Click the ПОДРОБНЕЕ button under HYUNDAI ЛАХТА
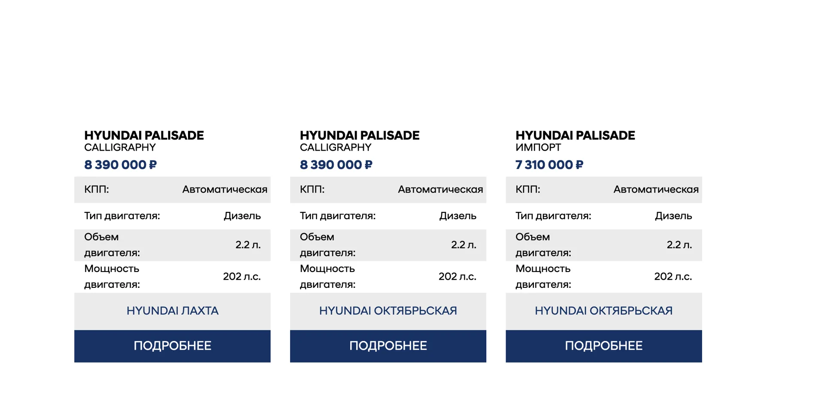172,346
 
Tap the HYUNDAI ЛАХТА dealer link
172,311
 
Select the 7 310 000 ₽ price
549,165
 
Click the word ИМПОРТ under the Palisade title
538,148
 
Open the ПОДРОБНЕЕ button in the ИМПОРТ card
603,346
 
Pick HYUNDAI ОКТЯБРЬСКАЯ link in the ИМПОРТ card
603,311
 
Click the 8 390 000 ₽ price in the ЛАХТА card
120,165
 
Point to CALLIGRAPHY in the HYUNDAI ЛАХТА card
120,148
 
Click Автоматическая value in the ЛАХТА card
224,190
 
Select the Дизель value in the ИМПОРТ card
673,216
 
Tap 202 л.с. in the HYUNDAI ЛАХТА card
242,277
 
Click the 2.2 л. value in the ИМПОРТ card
679,245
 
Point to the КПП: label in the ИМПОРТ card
527,190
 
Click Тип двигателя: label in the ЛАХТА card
122,216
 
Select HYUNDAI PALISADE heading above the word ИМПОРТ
575,136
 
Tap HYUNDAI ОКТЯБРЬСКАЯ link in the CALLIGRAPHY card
388,311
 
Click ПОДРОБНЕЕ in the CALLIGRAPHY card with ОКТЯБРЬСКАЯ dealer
388,346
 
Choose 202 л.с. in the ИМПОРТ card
673,277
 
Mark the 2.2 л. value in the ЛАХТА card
248,245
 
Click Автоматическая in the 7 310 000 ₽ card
656,190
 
